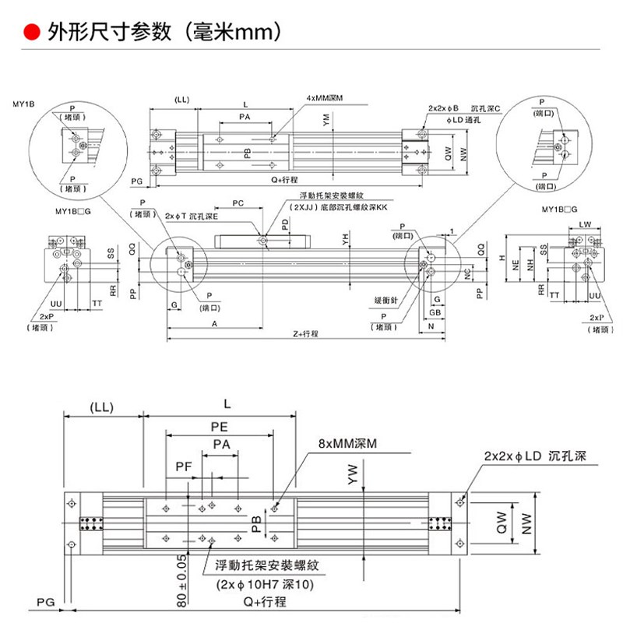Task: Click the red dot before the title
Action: (x=32, y=33)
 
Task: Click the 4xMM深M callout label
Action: (x=325, y=98)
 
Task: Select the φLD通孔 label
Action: (x=466, y=120)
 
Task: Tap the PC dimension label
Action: (x=238, y=203)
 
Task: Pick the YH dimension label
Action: (x=344, y=239)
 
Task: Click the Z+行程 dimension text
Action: (x=306, y=333)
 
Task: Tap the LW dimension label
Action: (x=584, y=224)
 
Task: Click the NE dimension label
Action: (x=516, y=265)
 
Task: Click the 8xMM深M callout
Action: (x=347, y=443)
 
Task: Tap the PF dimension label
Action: (x=183, y=466)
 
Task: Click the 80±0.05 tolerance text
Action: (x=181, y=580)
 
